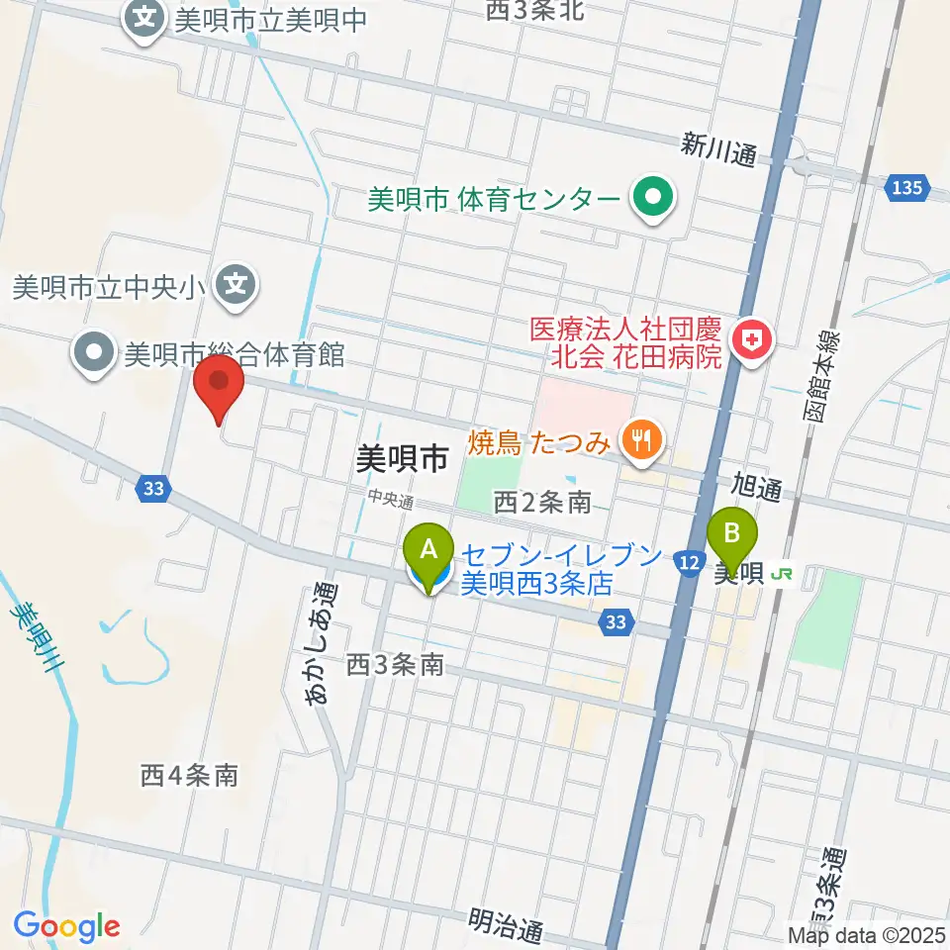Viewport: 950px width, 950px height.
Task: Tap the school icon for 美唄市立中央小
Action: point(236,287)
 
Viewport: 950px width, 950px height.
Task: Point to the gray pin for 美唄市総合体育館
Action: point(96,354)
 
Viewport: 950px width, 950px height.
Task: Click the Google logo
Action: point(66,926)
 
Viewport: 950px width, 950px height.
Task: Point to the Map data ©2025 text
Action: point(867,935)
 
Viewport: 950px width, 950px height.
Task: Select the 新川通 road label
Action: point(718,151)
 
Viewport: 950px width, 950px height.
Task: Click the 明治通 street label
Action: point(506,928)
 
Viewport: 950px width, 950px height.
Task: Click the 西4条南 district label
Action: point(189,775)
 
